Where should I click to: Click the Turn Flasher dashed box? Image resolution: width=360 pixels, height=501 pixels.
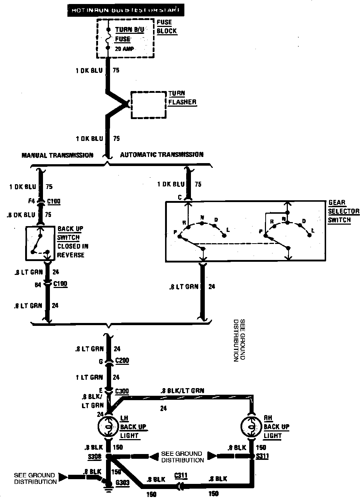pyautogui.click(x=149, y=105)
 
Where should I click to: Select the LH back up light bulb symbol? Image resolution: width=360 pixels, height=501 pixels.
pyautogui.click(x=108, y=427)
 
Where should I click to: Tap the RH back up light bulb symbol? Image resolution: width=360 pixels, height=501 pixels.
pyautogui.click(x=252, y=427)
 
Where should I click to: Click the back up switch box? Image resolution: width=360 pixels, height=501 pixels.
pyautogui.click(x=40, y=243)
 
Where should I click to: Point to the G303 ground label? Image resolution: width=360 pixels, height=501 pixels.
pyautogui.click(x=122, y=482)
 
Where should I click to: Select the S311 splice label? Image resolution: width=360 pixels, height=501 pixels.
pyautogui.click(x=263, y=456)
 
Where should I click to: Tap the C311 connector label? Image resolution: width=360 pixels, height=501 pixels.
pyautogui.click(x=181, y=476)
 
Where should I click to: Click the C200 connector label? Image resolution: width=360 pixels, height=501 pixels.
pyautogui.click(x=122, y=361)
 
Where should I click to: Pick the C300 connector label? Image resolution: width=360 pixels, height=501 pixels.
pyautogui.click(x=122, y=391)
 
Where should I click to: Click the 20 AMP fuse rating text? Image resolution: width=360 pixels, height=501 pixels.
pyautogui.click(x=124, y=49)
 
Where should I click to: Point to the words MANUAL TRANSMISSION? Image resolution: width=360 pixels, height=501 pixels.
pyautogui.click(x=58, y=155)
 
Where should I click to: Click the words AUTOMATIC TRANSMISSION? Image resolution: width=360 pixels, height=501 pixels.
pyautogui.click(x=162, y=155)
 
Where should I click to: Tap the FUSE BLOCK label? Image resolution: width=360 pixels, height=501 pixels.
pyautogui.click(x=167, y=27)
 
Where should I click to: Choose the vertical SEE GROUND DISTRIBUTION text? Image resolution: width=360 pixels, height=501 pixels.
pyautogui.click(x=239, y=340)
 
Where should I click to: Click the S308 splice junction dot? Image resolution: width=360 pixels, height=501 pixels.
pyautogui.click(x=108, y=456)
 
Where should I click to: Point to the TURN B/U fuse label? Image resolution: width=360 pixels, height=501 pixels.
pyautogui.click(x=130, y=30)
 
